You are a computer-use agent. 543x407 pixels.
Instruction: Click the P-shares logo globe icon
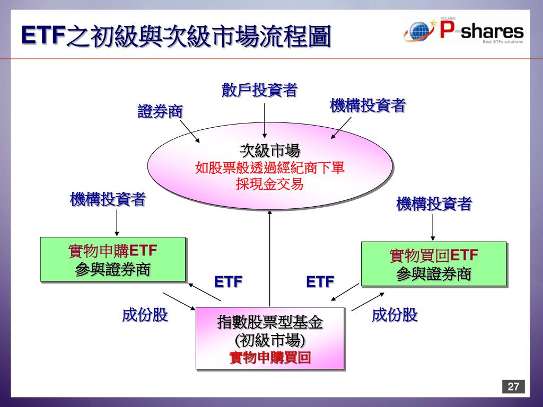[x=419, y=32]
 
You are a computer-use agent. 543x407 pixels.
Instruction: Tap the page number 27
[x=513, y=386]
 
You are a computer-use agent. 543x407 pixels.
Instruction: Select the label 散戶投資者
[x=259, y=91]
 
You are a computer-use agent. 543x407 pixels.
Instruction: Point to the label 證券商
[x=160, y=112]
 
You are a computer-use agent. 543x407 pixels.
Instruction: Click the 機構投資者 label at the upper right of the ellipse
[x=367, y=106]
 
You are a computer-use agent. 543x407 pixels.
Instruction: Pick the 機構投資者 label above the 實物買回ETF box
[x=434, y=204]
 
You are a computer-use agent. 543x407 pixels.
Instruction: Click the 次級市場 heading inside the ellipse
[x=270, y=151]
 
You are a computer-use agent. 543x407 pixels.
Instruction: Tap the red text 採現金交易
[x=270, y=184]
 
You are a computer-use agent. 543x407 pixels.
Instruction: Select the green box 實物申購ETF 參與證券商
[x=113, y=259]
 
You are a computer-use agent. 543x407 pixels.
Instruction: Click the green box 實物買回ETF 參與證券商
[x=434, y=264]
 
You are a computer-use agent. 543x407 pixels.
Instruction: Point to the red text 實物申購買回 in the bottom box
[x=270, y=358]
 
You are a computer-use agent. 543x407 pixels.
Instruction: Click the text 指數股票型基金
[x=270, y=322]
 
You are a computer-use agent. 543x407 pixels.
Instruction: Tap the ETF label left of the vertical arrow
[x=228, y=281]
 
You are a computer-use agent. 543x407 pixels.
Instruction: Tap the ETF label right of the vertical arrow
[x=320, y=281]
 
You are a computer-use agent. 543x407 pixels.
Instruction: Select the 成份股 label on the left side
[x=145, y=315]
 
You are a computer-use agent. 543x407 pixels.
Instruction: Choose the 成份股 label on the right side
[x=395, y=315]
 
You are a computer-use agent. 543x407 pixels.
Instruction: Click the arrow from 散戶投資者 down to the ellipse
[x=264, y=121]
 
